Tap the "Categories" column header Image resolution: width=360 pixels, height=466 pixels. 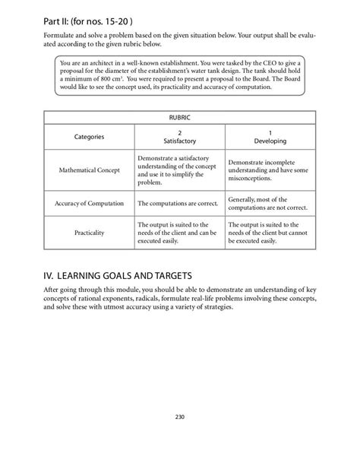(89, 137)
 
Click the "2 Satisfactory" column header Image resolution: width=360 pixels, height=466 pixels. (179, 137)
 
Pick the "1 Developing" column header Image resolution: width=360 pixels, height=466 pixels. (270, 137)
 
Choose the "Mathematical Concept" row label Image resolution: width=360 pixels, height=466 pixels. (89, 170)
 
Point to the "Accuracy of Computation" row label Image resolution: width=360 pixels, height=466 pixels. (89, 204)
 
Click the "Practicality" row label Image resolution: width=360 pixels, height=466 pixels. (89, 234)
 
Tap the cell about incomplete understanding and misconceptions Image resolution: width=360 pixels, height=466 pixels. (270, 170)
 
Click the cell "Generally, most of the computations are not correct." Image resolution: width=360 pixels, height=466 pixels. (270, 204)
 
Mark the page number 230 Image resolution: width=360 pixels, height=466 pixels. (180, 416)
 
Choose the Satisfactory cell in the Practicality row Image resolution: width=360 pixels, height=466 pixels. (179, 234)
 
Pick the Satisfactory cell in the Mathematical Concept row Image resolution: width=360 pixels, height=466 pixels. (179, 170)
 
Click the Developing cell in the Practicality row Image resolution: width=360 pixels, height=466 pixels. (270, 234)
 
